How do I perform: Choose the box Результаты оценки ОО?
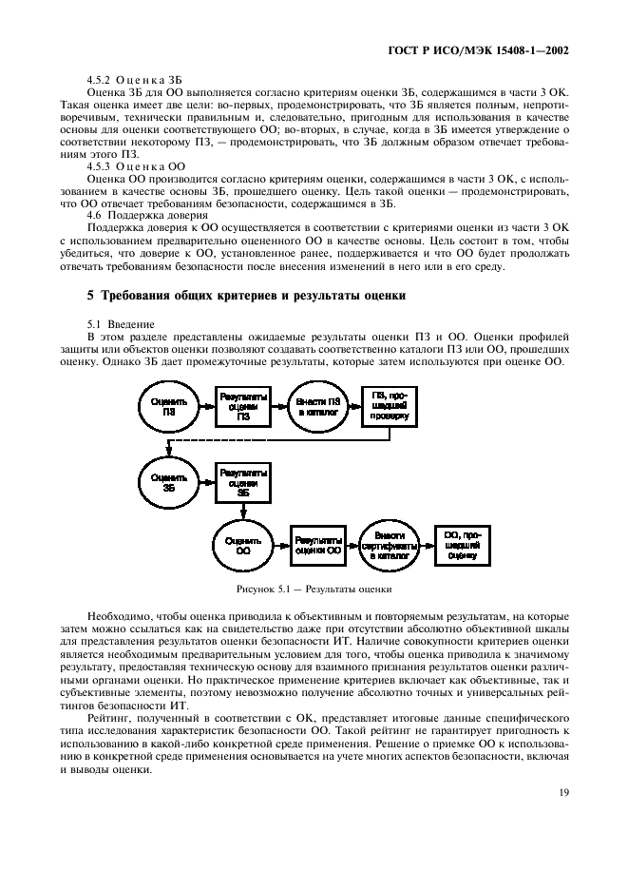(318, 544)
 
